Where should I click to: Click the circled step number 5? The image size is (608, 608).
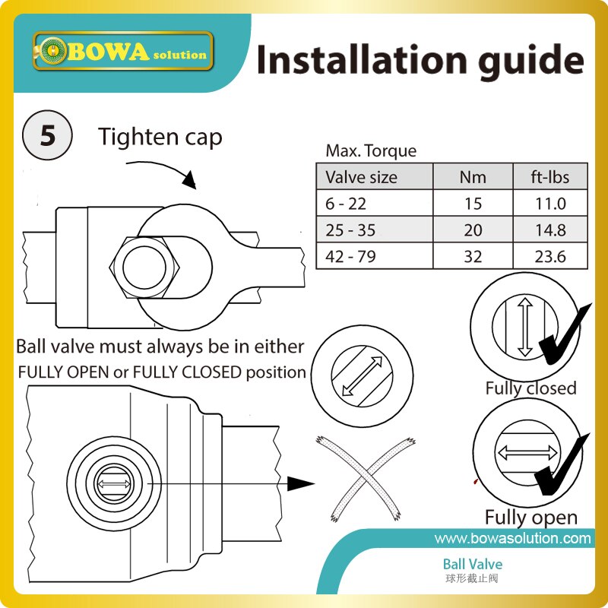(x=47, y=136)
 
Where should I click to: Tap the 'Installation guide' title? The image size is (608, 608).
(x=420, y=59)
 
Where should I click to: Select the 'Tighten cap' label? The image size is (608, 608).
(x=160, y=137)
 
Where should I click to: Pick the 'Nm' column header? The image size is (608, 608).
(x=472, y=178)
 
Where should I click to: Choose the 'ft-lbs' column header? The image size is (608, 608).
(x=550, y=178)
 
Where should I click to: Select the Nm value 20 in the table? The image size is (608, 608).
(x=472, y=230)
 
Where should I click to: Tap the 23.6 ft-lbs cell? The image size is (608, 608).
(x=550, y=256)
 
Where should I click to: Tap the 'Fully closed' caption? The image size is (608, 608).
(x=530, y=388)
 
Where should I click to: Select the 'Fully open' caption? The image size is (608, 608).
(x=530, y=518)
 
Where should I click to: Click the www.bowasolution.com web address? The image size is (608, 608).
(x=512, y=538)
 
